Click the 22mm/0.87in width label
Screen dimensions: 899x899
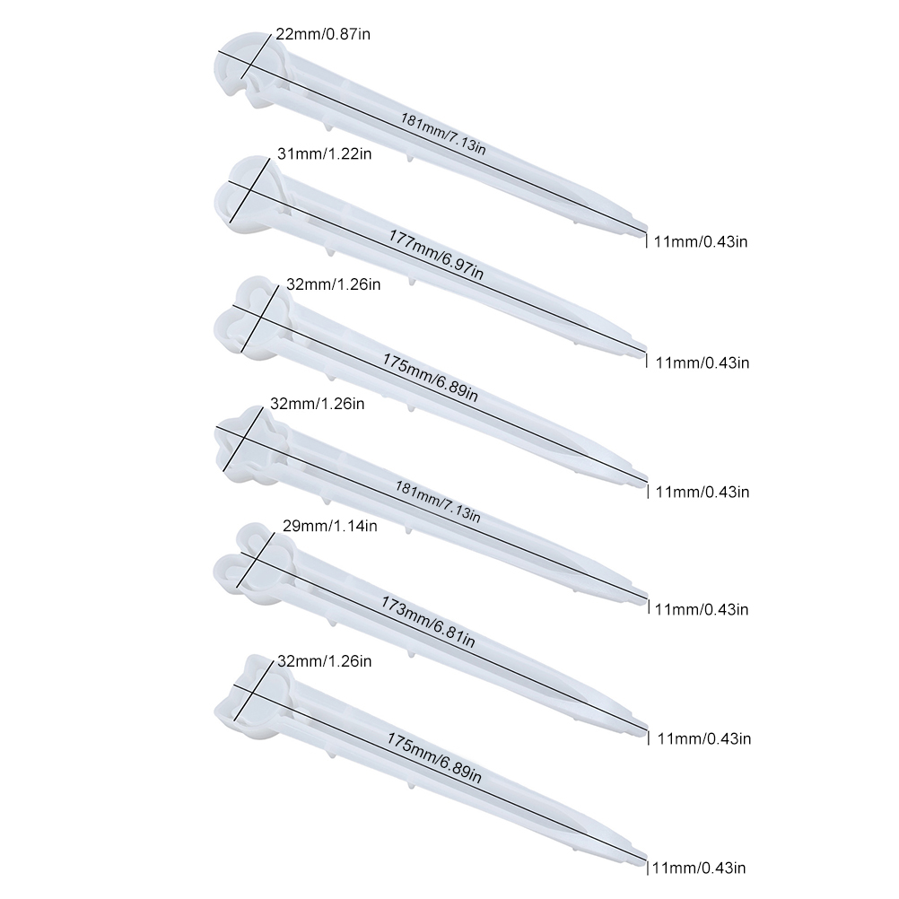tap(323, 34)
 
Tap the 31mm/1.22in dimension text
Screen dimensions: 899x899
tap(325, 153)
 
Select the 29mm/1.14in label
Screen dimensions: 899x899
tap(329, 525)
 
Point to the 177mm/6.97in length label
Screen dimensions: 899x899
tap(436, 254)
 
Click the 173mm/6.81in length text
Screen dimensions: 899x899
tap(428, 622)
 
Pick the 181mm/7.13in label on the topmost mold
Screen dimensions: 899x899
tap(443, 135)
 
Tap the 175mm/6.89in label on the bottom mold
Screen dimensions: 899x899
tap(434, 758)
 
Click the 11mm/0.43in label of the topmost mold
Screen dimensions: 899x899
tap(701, 241)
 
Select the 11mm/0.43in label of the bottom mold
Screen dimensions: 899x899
tap(699, 868)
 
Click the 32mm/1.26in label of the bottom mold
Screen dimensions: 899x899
tap(325, 661)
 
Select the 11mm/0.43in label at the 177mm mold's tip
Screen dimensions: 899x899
tap(703, 362)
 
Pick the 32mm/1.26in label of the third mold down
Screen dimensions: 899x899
tap(333, 284)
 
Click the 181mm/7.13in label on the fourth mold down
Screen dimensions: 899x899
tap(438, 502)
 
